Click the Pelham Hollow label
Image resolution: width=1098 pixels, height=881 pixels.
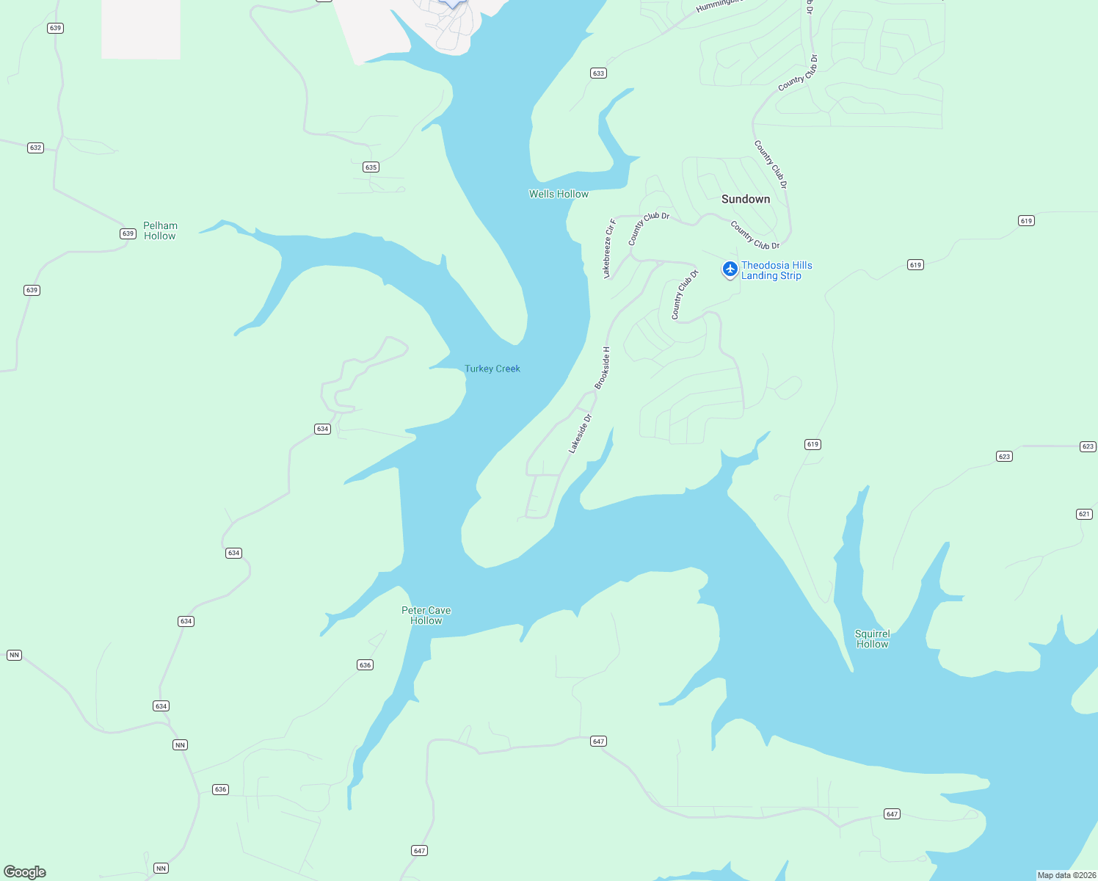(160, 231)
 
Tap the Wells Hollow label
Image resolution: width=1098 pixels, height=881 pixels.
(559, 194)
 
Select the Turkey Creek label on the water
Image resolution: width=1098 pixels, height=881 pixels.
(492, 369)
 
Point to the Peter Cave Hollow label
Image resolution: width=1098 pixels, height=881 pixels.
(426, 615)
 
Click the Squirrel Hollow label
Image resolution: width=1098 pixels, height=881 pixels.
(872, 639)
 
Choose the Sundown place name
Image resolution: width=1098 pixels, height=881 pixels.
(746, 199)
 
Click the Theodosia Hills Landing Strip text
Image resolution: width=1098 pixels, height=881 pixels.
(776, 270)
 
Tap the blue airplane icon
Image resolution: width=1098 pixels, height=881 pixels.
(730, 269)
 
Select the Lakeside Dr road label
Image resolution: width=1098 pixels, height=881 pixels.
(580, 433)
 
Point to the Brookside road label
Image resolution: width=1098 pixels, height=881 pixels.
(603, 368)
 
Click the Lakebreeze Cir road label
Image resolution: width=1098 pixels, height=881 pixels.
(608, 249)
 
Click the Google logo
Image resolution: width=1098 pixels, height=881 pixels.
(25, 871)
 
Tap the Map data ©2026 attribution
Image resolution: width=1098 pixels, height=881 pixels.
(1066, 875)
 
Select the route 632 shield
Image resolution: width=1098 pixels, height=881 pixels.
(35, 148)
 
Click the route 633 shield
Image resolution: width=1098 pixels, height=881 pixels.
(598, 73)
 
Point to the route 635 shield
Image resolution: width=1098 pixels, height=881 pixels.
(371, 167)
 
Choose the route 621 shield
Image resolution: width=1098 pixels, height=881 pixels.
(1085, 514)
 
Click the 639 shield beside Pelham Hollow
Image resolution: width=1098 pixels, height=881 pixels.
(128, 233)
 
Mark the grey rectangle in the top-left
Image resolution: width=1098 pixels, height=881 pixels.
(140, 29)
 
